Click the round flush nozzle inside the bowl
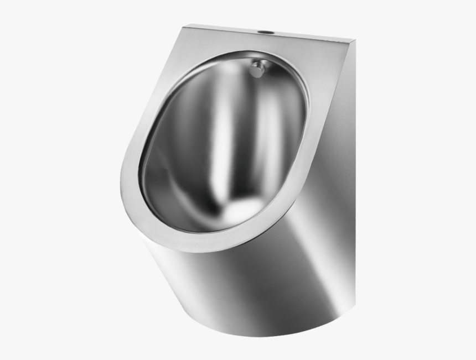click(257, 69)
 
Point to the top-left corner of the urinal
click(187, 25)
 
